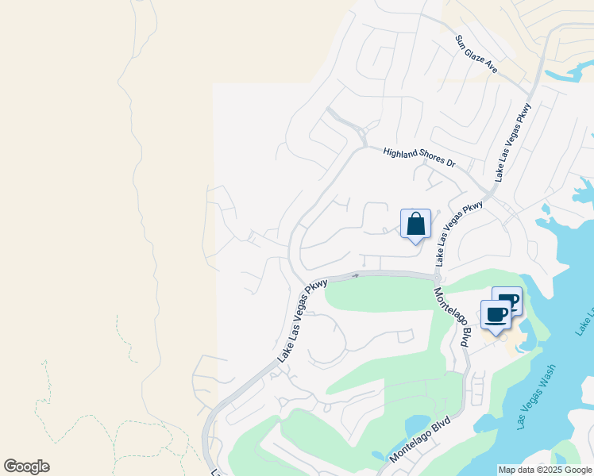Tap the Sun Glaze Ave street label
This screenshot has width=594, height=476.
[476, 54]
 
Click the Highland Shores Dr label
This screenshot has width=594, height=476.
[418, 157]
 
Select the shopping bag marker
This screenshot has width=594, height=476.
[415, 225]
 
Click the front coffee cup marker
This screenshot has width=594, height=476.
[496, 315]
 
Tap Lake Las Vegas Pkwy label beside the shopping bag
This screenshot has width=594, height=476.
[459, 233]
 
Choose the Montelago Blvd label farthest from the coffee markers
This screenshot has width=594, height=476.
[425, 440]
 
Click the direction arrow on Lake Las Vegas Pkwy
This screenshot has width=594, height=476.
[356, 275]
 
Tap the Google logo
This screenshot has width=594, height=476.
[27, 466]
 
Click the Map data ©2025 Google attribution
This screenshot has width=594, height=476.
[546, 470]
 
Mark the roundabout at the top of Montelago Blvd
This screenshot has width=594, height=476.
[438, 277]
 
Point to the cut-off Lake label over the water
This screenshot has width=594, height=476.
[587, 317]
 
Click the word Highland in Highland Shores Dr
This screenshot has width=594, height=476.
[399, 152]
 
